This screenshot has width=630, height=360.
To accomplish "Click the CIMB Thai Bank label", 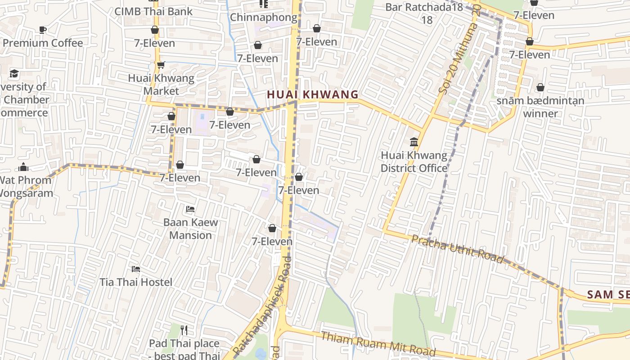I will point(153,12).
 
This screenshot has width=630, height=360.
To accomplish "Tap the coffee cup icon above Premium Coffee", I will point(43,30).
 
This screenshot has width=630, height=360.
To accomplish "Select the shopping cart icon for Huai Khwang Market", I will point(161,65).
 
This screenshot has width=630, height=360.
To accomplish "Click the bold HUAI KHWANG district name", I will point(313,94).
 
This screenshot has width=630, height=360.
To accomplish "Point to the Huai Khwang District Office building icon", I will point(414,142).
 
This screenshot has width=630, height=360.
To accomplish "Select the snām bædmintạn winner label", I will point(540,107).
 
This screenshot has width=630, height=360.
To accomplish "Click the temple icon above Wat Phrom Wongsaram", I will point(23,167).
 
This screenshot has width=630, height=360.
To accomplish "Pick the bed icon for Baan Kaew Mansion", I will point(190,209).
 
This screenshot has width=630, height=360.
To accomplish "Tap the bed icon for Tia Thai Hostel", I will point(136,269).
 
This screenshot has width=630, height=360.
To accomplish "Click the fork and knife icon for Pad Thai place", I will point(184,330).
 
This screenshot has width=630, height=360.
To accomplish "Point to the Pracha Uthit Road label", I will point(457,248).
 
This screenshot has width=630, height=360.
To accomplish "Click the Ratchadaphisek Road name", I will point(261,306).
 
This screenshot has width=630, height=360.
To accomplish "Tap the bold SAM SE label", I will point(608,295).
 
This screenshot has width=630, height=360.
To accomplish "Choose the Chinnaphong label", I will point(264,18).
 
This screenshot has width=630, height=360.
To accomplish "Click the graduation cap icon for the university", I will point(14,73).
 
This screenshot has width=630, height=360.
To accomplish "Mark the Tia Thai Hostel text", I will point(136,282).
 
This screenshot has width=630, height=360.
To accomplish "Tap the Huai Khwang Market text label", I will point(161,84).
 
